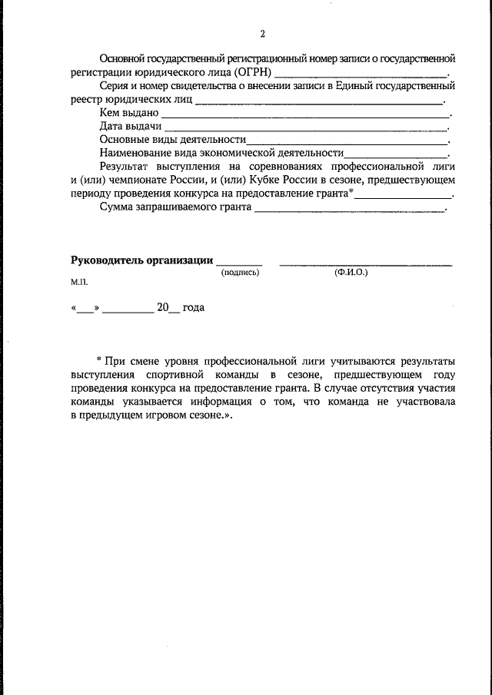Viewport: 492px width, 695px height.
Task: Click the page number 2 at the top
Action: (262, 34)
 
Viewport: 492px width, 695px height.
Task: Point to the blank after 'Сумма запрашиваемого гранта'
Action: (350, 210)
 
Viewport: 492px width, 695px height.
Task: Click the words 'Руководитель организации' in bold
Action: (142, 260)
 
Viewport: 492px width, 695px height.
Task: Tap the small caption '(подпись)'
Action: (241, 273)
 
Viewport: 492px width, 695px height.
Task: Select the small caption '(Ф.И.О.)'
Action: (351, 273)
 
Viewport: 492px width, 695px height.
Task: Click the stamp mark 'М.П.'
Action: (80, 282)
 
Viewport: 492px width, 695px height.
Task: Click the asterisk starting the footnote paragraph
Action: (100, 359)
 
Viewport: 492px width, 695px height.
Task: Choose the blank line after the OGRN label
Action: (361, 75)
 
